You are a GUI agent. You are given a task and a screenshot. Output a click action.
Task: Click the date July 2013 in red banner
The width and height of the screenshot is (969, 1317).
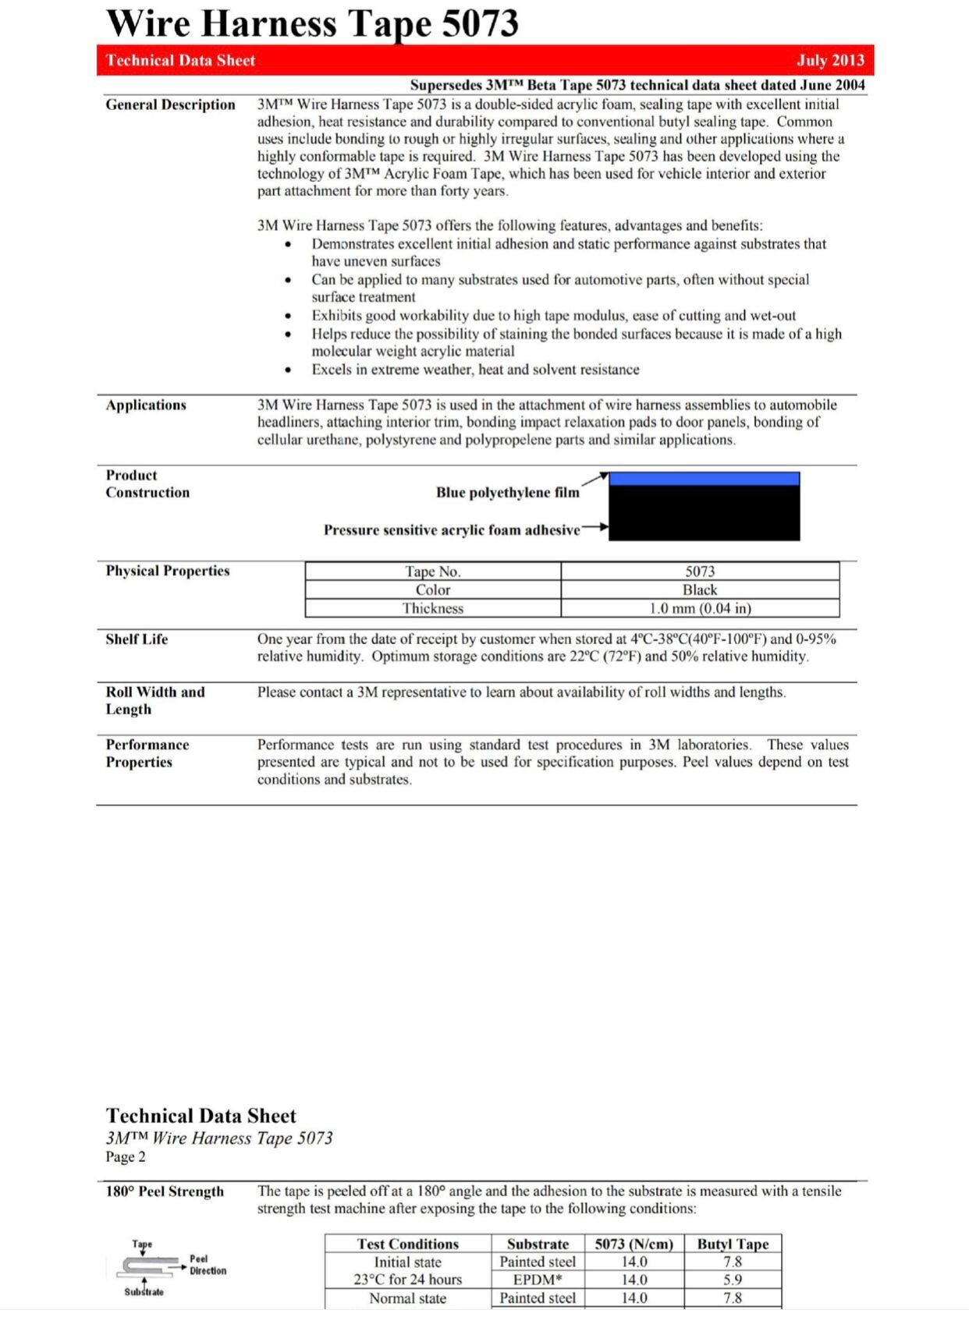tap(830, 61)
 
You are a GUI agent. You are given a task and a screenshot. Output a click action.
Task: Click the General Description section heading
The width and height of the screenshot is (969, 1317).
tap(170, 104)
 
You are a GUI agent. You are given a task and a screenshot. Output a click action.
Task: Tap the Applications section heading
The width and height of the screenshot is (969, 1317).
tap(146, 405)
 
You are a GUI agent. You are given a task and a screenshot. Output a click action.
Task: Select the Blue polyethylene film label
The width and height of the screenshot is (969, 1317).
tap(507, 492)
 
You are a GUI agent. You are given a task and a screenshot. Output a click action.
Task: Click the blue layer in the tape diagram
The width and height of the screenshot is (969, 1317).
tap(704, 479)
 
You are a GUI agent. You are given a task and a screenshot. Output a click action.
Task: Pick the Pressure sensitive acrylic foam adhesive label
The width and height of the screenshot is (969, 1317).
tap(452, 530)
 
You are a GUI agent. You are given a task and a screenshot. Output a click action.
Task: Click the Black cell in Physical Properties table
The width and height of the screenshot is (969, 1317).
tap(699, 590)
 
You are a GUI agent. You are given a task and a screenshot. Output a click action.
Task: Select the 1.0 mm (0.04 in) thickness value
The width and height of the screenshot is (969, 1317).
tap(699, 608)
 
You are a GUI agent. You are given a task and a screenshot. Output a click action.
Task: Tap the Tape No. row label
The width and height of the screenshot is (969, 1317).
tap(432, 572)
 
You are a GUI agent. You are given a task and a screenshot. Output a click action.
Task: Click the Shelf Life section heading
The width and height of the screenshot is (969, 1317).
tap(137, 639)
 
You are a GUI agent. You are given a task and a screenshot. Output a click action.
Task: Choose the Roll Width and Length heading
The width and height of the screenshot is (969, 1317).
tap(154, 700)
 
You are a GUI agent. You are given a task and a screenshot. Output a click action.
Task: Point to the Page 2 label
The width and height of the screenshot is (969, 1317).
tap(126, 1156)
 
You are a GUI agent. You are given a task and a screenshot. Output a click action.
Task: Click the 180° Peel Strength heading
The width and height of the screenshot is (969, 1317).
tap(165, 1191)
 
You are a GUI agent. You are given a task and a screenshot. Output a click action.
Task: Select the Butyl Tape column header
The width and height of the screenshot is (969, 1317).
tap(733, 1244)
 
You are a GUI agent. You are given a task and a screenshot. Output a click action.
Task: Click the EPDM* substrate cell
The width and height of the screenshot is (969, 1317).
tap(538, 1280)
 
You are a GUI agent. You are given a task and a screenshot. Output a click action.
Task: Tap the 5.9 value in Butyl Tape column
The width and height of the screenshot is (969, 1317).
tap(733, 1280)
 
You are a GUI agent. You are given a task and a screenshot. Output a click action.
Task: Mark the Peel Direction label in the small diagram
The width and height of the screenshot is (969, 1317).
tap(208, 1265)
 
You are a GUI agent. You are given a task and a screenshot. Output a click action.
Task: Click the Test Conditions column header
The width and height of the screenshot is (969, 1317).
tap(407, 1244)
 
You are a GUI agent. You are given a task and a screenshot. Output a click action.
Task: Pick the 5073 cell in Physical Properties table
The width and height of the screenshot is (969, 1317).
tap(699, 572)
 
